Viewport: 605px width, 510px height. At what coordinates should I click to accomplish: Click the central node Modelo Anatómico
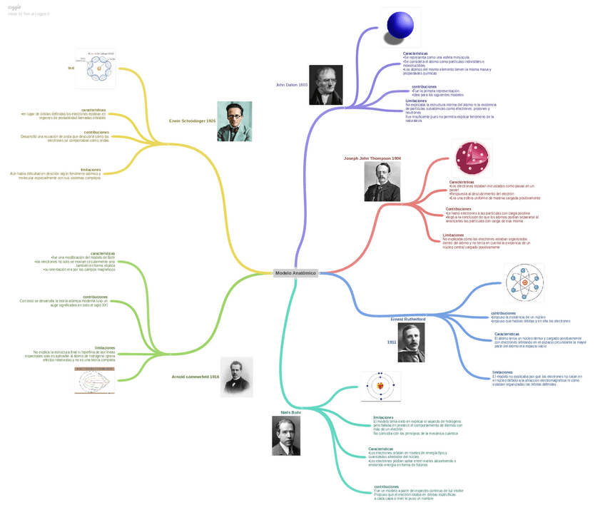click(295, 272)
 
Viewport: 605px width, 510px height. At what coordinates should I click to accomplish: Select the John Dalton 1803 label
click(291, 85)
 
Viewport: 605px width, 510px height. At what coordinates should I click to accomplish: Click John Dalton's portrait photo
click(325, 85)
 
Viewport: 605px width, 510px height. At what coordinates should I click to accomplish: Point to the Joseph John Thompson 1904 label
click(372, 158)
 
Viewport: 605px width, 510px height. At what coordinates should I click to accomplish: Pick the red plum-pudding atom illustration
click(473, 158)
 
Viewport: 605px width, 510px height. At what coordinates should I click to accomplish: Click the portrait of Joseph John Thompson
click(382, 182)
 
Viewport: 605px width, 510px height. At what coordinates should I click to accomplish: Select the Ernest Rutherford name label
click(408, 320)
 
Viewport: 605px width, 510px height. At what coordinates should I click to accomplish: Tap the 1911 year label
click(392, 342)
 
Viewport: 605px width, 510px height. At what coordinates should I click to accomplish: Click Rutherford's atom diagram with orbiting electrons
click(524, 283)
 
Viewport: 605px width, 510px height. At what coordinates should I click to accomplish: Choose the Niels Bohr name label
click(291, 412)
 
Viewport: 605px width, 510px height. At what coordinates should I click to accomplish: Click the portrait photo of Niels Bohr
click(286, 436)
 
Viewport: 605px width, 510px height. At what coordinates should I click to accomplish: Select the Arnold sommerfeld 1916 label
click(195, 376)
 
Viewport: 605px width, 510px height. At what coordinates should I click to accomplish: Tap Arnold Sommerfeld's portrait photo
click(236, 376)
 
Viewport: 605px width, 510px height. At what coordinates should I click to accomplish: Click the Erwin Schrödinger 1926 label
click(192, 121)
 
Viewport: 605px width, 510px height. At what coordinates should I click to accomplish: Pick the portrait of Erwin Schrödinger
click(234, 121)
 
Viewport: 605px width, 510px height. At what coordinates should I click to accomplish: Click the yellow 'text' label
click(71, 68)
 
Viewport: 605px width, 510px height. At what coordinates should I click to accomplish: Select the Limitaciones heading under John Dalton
click(416, 101)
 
